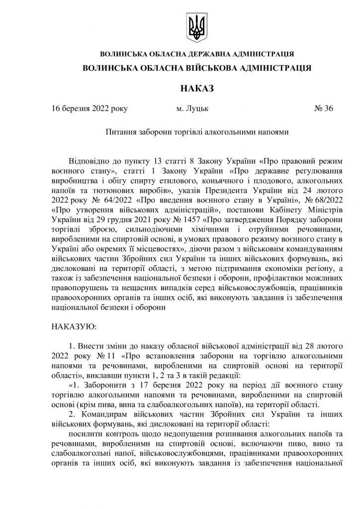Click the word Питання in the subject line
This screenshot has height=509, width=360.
(x=121, y=133)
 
